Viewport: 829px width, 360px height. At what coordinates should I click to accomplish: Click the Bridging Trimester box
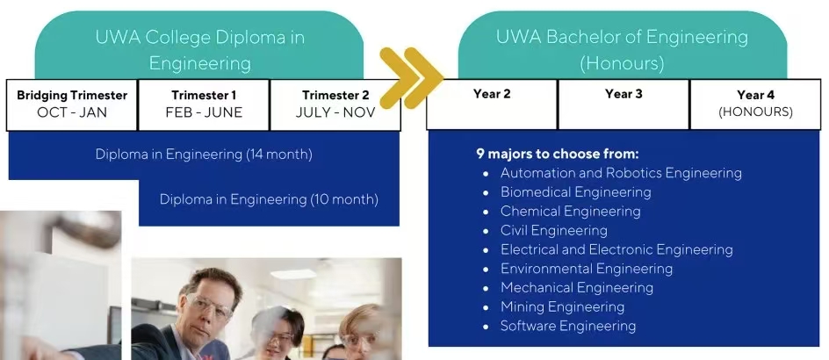click(x=72, y=104)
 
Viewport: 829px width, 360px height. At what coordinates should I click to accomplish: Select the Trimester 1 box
click(x=204, y=104)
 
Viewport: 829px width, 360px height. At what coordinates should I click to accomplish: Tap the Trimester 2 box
click(x=335, y=104)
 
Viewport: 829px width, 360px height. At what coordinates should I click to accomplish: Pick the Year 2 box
click(x=492, y=104)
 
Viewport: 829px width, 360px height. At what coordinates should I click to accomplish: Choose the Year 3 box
click(x=624, y=104)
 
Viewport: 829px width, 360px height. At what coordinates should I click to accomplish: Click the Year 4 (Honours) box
click(x=755, y=104)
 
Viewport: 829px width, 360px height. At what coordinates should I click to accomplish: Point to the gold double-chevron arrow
click(x=411, y=78)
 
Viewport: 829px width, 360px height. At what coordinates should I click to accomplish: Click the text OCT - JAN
click(x=72, y=112)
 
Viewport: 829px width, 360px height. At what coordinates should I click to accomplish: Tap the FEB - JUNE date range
click(x=204, y=112)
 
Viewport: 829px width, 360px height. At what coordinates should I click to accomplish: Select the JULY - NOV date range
click(x=335, y=112)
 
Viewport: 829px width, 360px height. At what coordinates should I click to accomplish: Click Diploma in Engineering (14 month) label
click(x=204, y=155)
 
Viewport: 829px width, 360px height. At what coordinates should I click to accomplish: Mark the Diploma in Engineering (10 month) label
click(x=269, y=200)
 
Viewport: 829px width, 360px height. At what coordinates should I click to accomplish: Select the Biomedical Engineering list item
click(x=576, y=192)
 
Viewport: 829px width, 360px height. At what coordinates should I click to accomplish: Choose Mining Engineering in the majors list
click(x=563, y=306)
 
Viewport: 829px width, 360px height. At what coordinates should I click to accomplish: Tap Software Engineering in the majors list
click(x=568, y=326)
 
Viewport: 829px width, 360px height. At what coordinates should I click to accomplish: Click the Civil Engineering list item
click(x=554, y=230)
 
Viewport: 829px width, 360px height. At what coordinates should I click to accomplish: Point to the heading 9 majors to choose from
click(x=558, y=154)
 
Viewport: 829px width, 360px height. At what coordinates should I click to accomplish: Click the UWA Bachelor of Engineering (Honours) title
click(x=623, y=50)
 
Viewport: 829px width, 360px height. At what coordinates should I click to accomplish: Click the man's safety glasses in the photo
click(x=209, y=305)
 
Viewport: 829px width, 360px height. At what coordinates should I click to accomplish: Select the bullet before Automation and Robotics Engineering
click(x=486, y=174)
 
